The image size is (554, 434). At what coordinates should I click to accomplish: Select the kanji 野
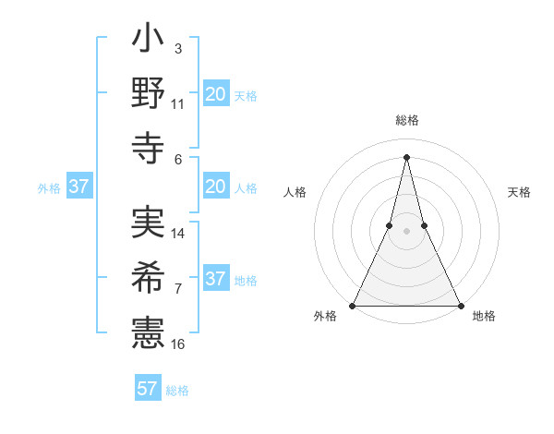point(149,95)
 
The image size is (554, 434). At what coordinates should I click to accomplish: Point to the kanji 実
point(149,223)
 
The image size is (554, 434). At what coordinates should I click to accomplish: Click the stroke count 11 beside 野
point(178,104)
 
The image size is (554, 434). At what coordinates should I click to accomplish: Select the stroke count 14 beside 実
point(178,234)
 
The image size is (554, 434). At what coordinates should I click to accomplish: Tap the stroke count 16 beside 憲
point(178,344)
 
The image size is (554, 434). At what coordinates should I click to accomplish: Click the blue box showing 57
point(148,389)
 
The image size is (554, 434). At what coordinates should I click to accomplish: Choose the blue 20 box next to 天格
point(215,93)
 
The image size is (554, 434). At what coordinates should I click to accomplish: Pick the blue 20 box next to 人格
point(215,187)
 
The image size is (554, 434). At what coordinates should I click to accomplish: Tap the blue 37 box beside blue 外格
point(78,187)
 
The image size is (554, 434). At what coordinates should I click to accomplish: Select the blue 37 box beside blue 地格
point(215,279)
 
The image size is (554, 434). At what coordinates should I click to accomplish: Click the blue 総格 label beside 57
point(177,391)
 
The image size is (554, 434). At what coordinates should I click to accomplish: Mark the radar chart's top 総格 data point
point(406,156)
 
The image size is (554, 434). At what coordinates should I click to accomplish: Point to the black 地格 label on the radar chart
point(484,317)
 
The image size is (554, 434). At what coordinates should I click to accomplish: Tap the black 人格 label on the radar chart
point(295,192)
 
